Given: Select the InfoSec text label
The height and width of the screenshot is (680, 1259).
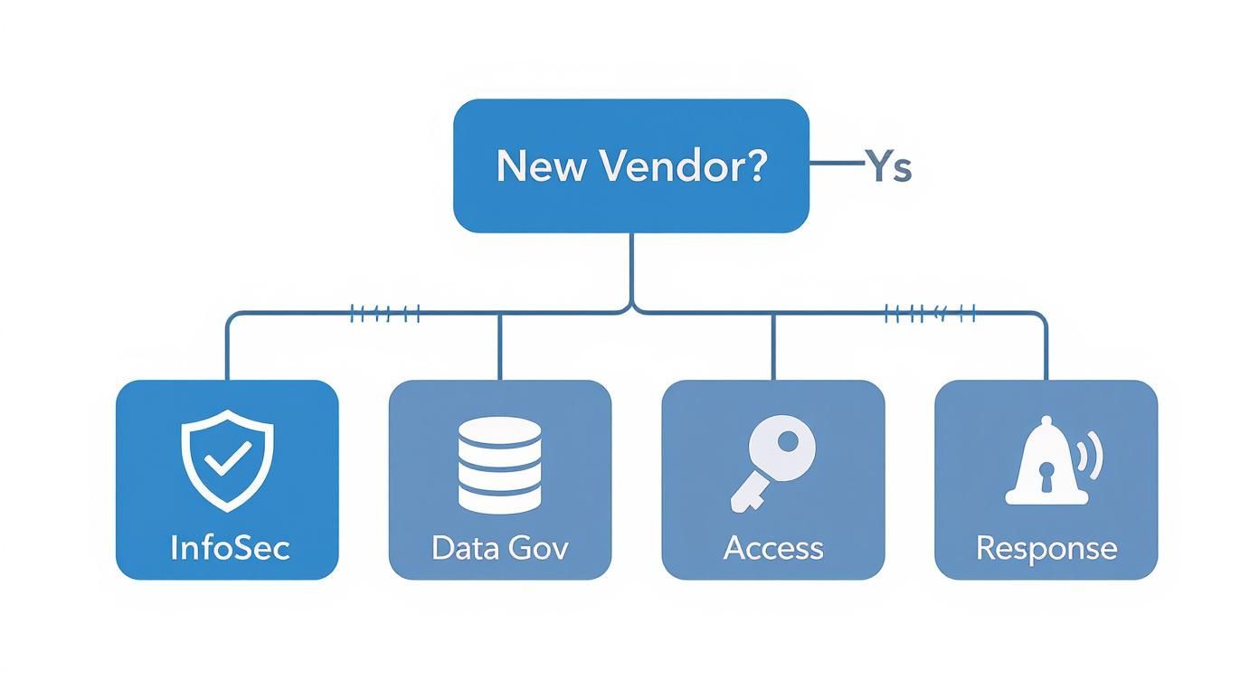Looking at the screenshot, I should tap(230, 547).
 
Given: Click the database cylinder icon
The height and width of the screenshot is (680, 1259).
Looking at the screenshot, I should tap(499, 465).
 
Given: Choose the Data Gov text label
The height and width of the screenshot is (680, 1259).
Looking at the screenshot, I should tap(499, 547).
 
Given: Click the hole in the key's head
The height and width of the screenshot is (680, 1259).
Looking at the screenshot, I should tap(789, 442).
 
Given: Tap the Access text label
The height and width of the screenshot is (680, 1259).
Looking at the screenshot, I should tap(773, 547).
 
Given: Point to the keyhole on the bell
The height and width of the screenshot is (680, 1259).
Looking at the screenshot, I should tap(1046, 477).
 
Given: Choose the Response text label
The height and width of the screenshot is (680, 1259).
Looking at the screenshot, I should tap(1046, 547).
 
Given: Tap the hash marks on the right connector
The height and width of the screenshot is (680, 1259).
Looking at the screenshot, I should tap(930, 314).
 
